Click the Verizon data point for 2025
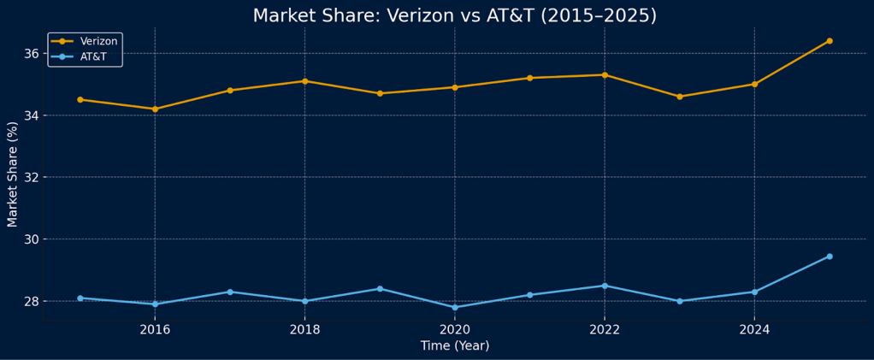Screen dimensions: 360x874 [829, 41]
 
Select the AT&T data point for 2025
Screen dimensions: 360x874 [829, 257]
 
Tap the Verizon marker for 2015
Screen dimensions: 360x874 [80, 99]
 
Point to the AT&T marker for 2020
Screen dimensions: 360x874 [455, 307]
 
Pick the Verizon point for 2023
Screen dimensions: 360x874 [680, 97]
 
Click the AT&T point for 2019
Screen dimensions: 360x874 [380, 289]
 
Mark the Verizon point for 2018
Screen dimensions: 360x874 [304, 81]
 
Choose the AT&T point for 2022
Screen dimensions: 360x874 [605, 286]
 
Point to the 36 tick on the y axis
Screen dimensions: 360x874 [32, 54]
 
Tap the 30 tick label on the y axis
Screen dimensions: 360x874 [32, 239]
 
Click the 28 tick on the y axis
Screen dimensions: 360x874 [32, 301]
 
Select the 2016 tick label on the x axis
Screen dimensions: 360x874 [155, 329]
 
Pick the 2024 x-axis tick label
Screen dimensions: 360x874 [754, 329]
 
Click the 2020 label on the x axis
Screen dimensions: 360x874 [455, 329]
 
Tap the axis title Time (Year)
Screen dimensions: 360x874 [455, 346]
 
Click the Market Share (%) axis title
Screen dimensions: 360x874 [13, 174]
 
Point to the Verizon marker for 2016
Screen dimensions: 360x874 [155, 109]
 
